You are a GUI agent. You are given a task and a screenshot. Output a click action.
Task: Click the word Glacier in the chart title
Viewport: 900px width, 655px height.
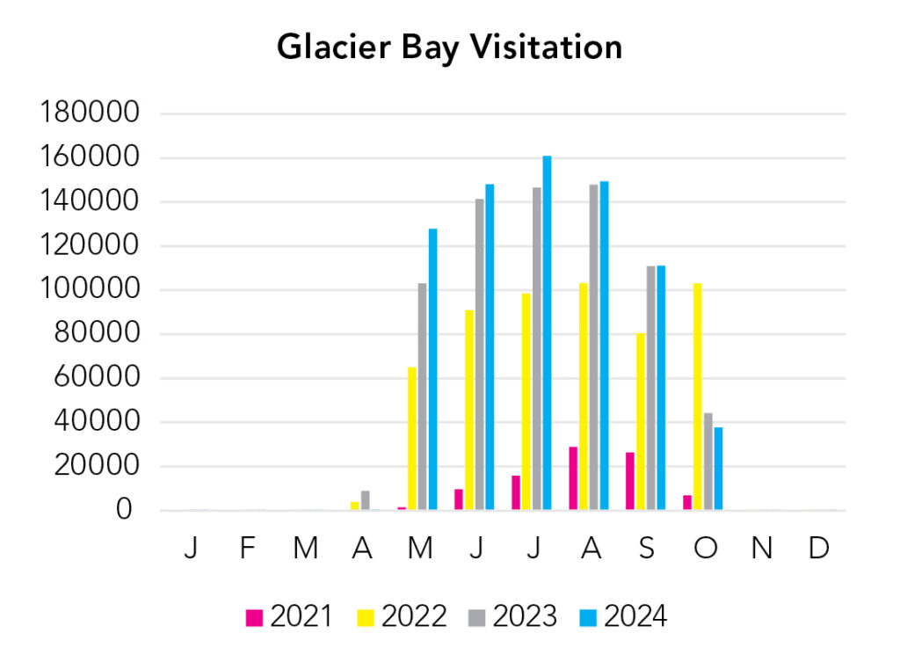[x=333, y=47]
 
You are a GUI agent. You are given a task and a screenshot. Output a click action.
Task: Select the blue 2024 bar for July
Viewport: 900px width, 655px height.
[x=547, y=333]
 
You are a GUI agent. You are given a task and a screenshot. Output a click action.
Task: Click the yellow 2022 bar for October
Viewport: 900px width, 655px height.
[x=697, y=397]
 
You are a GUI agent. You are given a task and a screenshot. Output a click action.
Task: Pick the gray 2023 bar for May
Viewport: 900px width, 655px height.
[x=423, y=397]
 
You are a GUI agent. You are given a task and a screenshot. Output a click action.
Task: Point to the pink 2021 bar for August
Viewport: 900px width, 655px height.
[x=573, y=478]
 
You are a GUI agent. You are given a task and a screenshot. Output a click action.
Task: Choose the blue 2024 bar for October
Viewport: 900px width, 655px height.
[x=719, y=469]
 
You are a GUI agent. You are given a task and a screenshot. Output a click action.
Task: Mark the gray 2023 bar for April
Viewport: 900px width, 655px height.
[x=366, y=500]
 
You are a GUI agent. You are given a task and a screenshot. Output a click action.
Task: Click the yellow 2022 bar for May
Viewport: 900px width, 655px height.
[x=412, y=439]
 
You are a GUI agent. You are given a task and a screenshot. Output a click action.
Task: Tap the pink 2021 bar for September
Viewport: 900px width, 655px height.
[x=630, y=481]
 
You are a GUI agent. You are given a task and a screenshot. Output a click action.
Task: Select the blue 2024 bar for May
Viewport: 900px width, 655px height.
[x=432, y=369]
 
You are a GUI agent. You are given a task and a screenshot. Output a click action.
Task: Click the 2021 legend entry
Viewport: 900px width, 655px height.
[x=288, y=617]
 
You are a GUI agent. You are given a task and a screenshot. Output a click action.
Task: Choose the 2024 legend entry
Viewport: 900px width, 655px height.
[x=623, y=617]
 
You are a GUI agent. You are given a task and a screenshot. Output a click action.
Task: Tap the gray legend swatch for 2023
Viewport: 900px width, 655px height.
[x=477, y=618]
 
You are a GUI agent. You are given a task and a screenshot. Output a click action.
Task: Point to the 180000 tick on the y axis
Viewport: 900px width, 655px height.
[x=90, y=112]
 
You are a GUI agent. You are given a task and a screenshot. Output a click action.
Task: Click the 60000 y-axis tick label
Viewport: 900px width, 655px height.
[x=97, y=377]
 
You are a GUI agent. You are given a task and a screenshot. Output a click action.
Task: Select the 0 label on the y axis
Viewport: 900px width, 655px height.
[x=124, y=509]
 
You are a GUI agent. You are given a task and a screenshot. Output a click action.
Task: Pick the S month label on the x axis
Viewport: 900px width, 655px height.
[x=647, y=549]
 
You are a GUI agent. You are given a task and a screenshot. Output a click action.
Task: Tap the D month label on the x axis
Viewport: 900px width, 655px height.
[x=818, y=549]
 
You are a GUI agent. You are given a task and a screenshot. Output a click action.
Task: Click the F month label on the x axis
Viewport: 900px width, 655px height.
[x=247, y=549]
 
